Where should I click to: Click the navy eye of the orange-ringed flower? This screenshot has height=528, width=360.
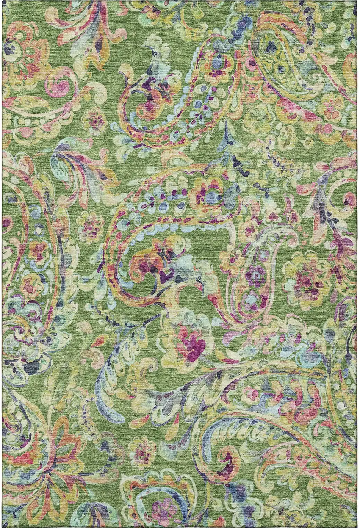[9, 48]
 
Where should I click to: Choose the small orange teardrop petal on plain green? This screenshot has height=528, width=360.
[100, 339]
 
